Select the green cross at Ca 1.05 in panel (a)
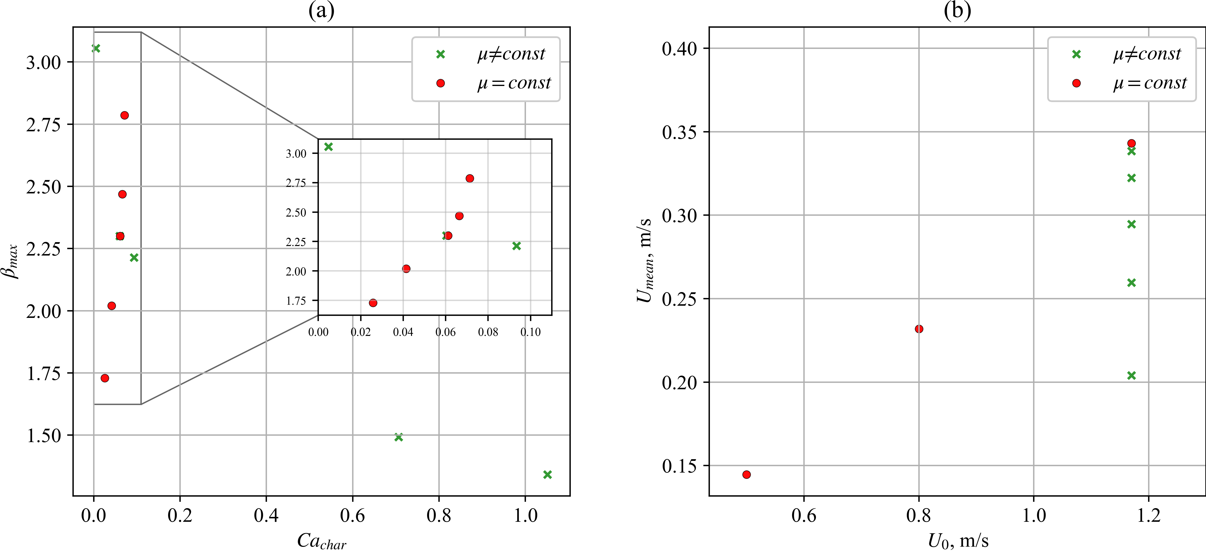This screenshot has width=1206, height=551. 547,475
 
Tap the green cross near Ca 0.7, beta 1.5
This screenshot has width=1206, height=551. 398,437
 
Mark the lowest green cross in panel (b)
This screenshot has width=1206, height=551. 1131,375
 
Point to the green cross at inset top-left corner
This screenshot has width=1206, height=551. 329,147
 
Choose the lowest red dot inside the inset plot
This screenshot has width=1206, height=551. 373,303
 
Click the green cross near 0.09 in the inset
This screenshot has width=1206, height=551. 517,246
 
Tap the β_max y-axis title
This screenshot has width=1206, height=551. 11,261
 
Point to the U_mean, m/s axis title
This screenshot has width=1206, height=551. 645,260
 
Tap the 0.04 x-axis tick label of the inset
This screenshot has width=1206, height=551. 403,332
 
